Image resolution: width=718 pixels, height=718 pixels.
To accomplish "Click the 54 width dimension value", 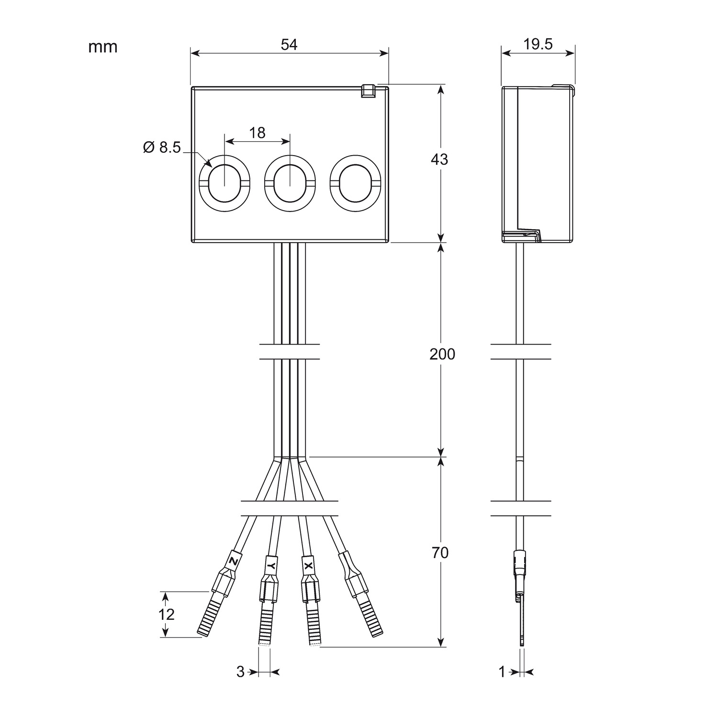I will tap(289, 45).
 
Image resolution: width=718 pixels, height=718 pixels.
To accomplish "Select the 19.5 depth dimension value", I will tap(538, 44).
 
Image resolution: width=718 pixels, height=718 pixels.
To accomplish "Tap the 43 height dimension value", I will tap(439, 159).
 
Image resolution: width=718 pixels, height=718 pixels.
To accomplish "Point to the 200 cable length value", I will tap(442, 355).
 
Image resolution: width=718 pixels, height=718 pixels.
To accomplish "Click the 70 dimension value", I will tap(439, 553).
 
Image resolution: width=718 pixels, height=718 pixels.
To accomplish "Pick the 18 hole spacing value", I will tap(258, 133).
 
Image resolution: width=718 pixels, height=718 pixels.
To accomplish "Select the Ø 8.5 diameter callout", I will tap(162, 147).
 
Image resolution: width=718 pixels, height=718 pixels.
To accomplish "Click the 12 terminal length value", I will tap(166, 614).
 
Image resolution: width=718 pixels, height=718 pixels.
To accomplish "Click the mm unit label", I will tap(102, 47).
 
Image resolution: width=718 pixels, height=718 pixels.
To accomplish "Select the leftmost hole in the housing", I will tap(224, 183).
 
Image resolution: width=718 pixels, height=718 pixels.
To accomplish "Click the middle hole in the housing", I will tap(290, 183).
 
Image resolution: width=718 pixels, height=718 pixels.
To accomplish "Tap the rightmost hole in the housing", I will tap(355, 183).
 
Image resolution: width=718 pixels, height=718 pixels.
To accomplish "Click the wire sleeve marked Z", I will tap(233, 560).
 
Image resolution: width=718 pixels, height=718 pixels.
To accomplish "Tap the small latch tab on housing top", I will tap(368, 91).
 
